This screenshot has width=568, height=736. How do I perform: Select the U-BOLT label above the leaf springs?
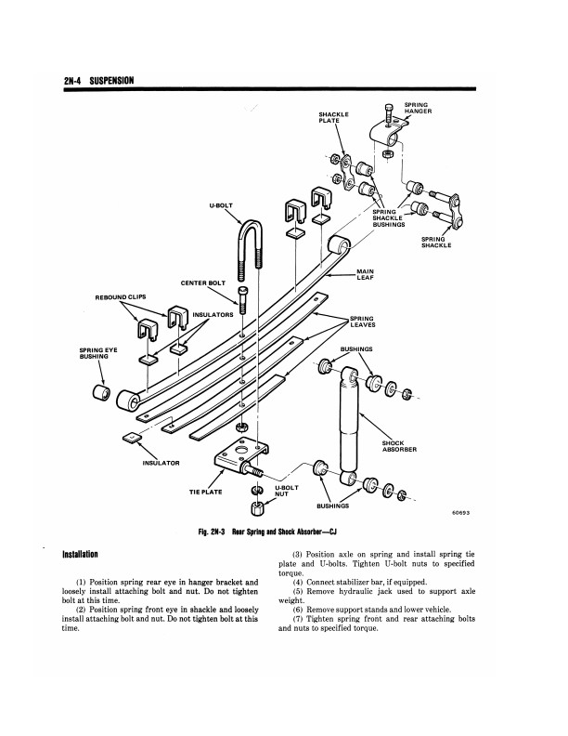222,205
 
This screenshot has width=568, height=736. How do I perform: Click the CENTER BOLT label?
203,283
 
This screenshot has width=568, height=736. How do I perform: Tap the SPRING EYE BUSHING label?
98,353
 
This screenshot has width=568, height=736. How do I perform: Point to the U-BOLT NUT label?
286,491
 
